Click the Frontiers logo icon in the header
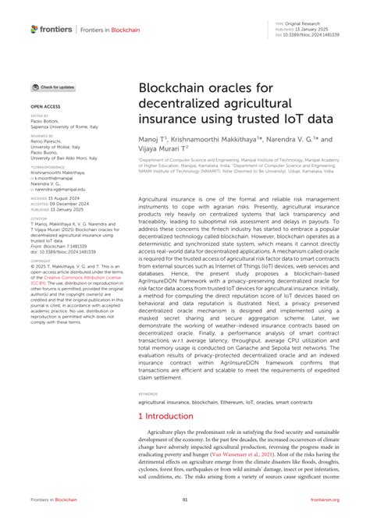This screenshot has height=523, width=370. pyautogui.click(x=34, y=29)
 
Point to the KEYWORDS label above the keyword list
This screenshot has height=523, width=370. pyautogui.click(x=148, y=394)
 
